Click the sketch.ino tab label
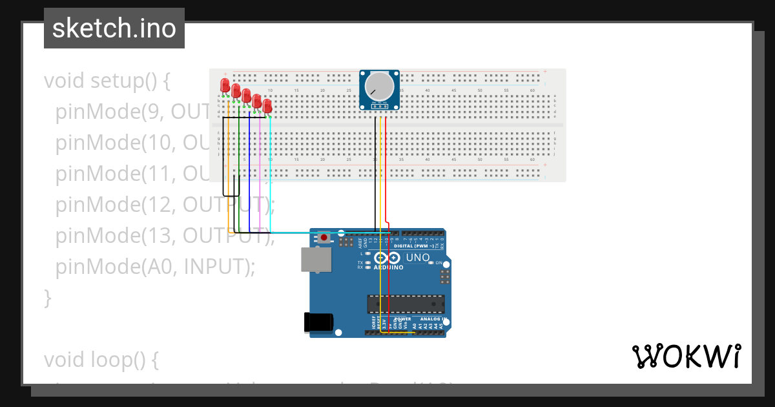[x=114, y=28]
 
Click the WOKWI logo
[x=686, y=357]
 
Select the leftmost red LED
[x=225, y=85]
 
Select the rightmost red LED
[x=267, y=105]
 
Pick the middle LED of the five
[x=246, y=95]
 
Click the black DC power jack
[x=319, y=322]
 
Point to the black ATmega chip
[x=406, y=303]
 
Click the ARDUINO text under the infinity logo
[x=388, y=267]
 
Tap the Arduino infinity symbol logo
[x=388, y=257]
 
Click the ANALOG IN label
[x=431, y=319]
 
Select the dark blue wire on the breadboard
[x=249, y=168]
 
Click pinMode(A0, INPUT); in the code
[x=155, y=267]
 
